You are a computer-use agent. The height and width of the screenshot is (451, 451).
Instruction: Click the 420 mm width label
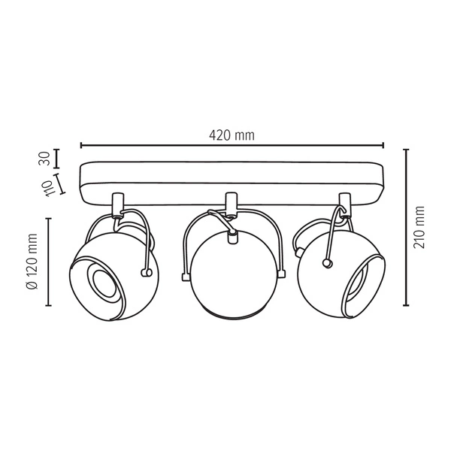(232, 135)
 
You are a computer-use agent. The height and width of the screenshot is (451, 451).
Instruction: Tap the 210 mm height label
(419, 227)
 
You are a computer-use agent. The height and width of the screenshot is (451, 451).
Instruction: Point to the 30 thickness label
(44, 159)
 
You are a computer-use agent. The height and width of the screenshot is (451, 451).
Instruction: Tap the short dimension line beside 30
(58, 159)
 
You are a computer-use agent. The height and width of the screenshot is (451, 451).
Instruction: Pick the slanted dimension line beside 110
(58, 184)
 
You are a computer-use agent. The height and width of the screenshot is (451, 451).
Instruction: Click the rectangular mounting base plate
(232, 181)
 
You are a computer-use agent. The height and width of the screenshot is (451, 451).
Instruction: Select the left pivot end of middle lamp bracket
(184, 278)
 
